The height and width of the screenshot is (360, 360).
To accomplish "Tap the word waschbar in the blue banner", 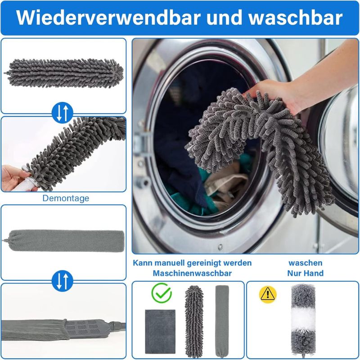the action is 296,18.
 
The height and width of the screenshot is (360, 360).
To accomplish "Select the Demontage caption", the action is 66,198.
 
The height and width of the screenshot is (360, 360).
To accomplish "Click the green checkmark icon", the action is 162,293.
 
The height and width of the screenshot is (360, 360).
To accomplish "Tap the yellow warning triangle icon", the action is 268,295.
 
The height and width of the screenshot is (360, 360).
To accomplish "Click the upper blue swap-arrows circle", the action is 63,113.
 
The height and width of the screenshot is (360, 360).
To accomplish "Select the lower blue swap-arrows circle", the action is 63,281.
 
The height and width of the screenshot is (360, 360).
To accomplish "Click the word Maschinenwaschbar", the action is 192,273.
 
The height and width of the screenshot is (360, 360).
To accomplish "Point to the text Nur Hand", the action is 306,273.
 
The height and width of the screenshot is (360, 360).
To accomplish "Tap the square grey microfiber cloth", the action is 160,332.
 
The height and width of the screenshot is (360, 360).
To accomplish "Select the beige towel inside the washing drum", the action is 226,186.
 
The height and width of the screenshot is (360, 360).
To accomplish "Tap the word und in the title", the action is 225,18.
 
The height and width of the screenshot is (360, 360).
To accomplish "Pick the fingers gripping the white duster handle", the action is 14,178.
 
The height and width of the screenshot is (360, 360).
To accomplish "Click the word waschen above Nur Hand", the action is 306,263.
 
